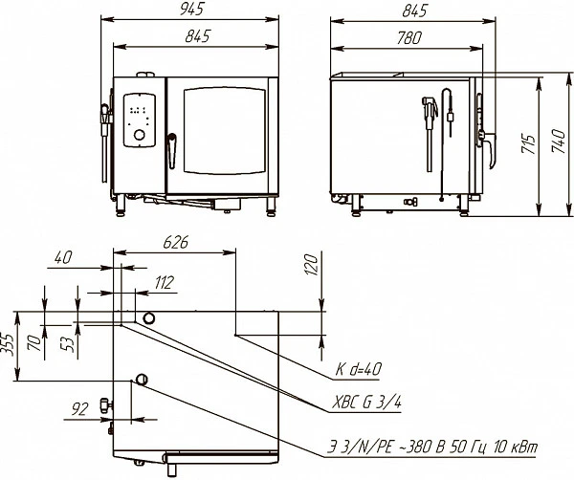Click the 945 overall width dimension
(x=192, y=10)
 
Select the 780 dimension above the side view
(x=408, y=38)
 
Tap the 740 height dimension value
(x=559, y=141)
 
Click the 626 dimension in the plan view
(x=175, y=242)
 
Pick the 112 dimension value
(x=164, y=283)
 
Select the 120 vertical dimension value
(x=311, y=264)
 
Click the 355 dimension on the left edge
(x=7, y=344)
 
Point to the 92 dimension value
(x=79, y=409)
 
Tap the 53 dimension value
(x=69, y=344)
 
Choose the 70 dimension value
(x=34, y=343)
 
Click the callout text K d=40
(x=359, y=369)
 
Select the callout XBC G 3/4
(x=366, y=403)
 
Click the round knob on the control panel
(x=140, y=135)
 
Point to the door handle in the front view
(x=171, y=151)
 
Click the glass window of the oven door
(x=225, y=130)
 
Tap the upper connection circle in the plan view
(x=148, y=317)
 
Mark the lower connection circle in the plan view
(x=142, y=380)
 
